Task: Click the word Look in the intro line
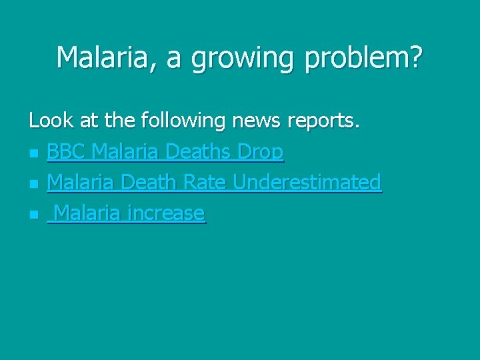pos(50,121)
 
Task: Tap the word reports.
pos(324,121)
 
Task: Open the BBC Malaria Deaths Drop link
pos(165,153)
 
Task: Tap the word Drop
pos(259,153)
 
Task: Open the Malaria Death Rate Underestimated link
pos(214,182)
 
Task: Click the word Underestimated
pos(306,182)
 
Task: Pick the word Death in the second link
pos(153,182)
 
